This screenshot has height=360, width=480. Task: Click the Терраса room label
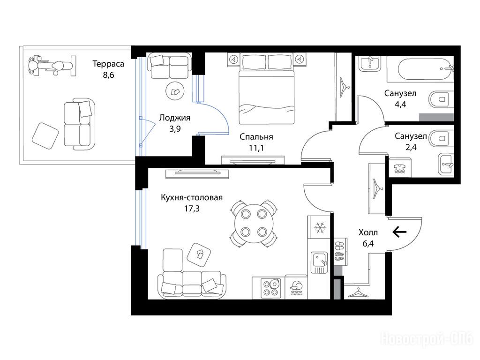tap(108, 64)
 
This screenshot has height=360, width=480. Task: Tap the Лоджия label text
tap(175, 118)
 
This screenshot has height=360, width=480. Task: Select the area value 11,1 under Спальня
tap(256, 148)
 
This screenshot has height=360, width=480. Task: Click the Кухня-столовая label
tap(192, 198)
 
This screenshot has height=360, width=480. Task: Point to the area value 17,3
tap(192, 209)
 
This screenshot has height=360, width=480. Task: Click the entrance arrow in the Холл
tap(400, 232)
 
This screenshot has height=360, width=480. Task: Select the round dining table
tap(253, 223)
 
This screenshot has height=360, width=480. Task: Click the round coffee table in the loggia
tap(175, 91)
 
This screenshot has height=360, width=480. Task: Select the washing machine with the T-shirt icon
tap(400, 168)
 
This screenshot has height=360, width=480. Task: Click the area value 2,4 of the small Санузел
tap(411, 148)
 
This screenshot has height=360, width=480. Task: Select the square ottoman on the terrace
tap(45, 136)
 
